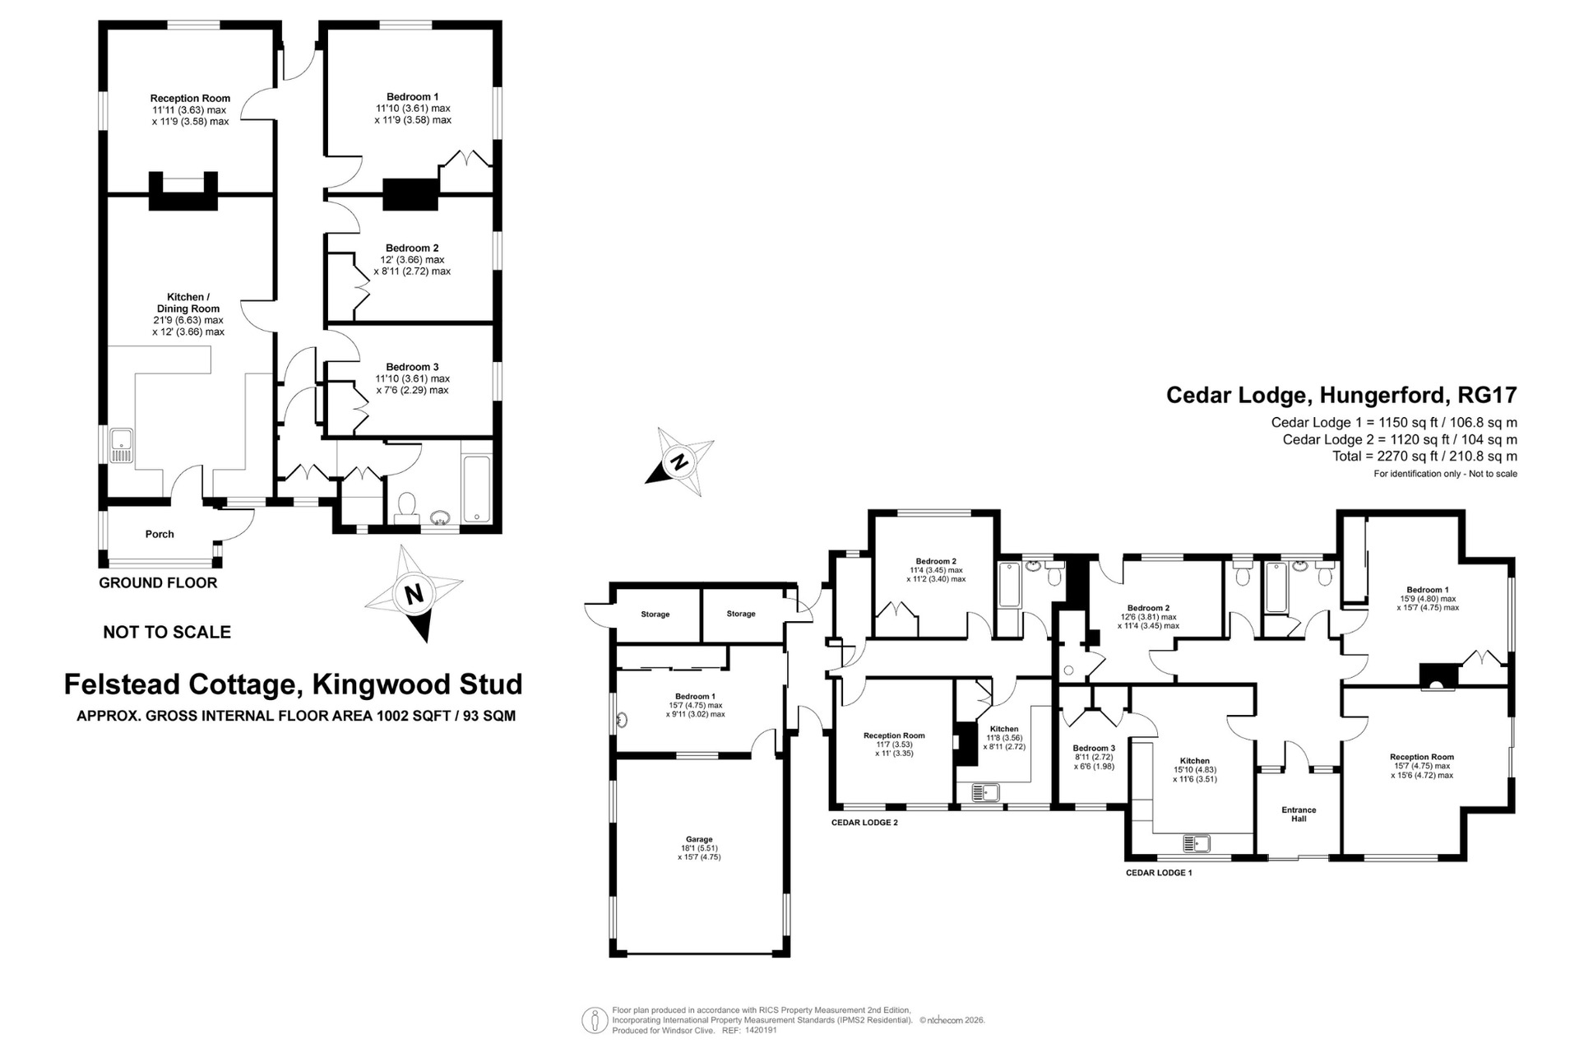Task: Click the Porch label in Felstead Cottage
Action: click(160, 534)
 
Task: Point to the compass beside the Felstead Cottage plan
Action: click(414, 592)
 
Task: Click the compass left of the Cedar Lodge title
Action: click(679, 462)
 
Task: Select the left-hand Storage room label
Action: click(655, 615)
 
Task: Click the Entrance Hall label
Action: click(1299, 814)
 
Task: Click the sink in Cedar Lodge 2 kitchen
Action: click(985, 793)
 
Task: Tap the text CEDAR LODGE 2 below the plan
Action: click(864, 823)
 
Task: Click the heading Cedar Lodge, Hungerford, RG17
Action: click(1341, 396)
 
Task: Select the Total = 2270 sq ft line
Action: click(1425, 457)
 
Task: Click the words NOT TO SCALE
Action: click(167, 633)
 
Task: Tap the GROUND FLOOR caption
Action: click(158, 583)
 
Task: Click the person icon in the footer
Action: click(594, 1020)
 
